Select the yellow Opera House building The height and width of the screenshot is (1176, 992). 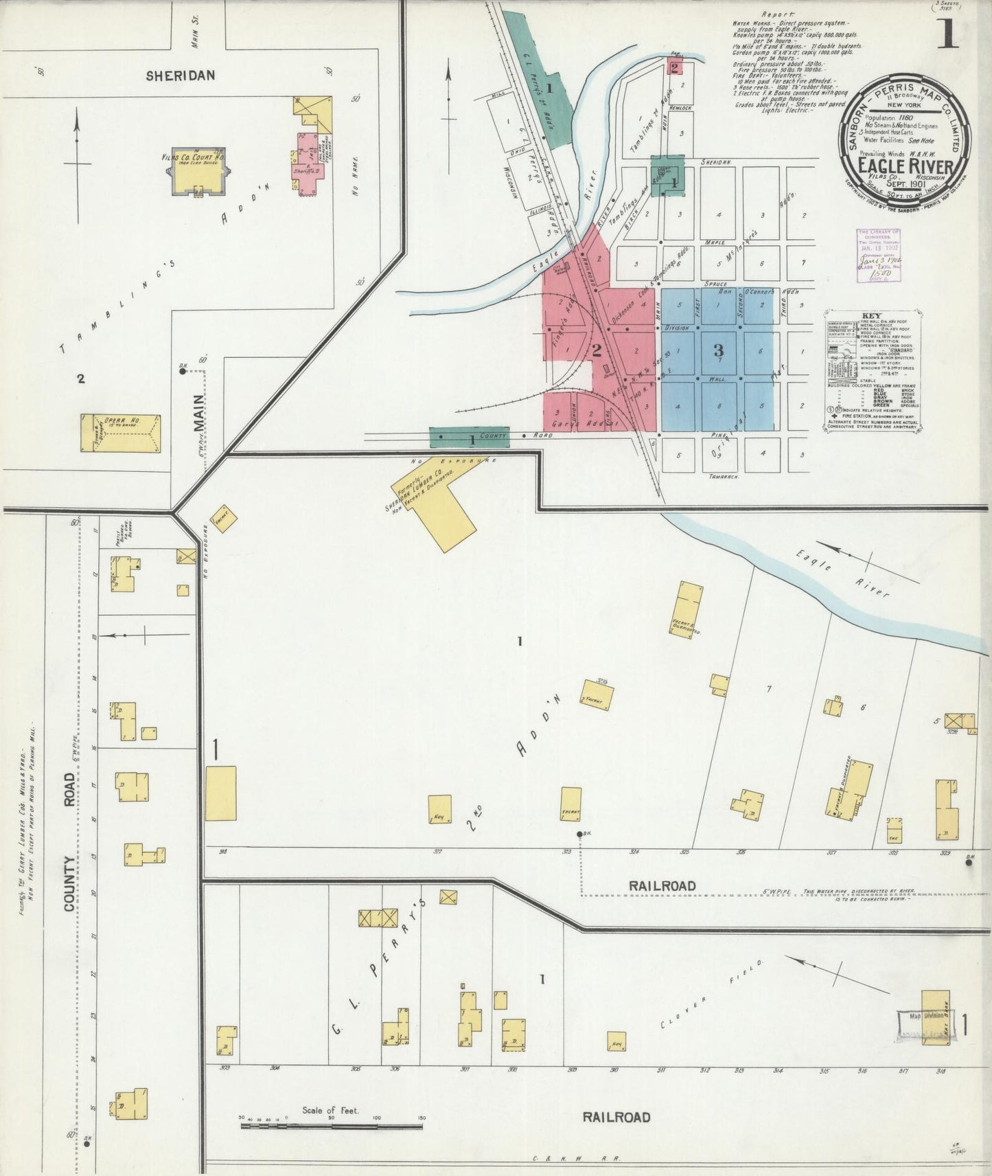[x=121, y=433]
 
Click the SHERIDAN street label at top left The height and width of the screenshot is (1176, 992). [x=181, y=76]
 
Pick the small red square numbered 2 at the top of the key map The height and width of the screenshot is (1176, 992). [x=675, y=67]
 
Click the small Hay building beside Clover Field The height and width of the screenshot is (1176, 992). [x=616, y=1041]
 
